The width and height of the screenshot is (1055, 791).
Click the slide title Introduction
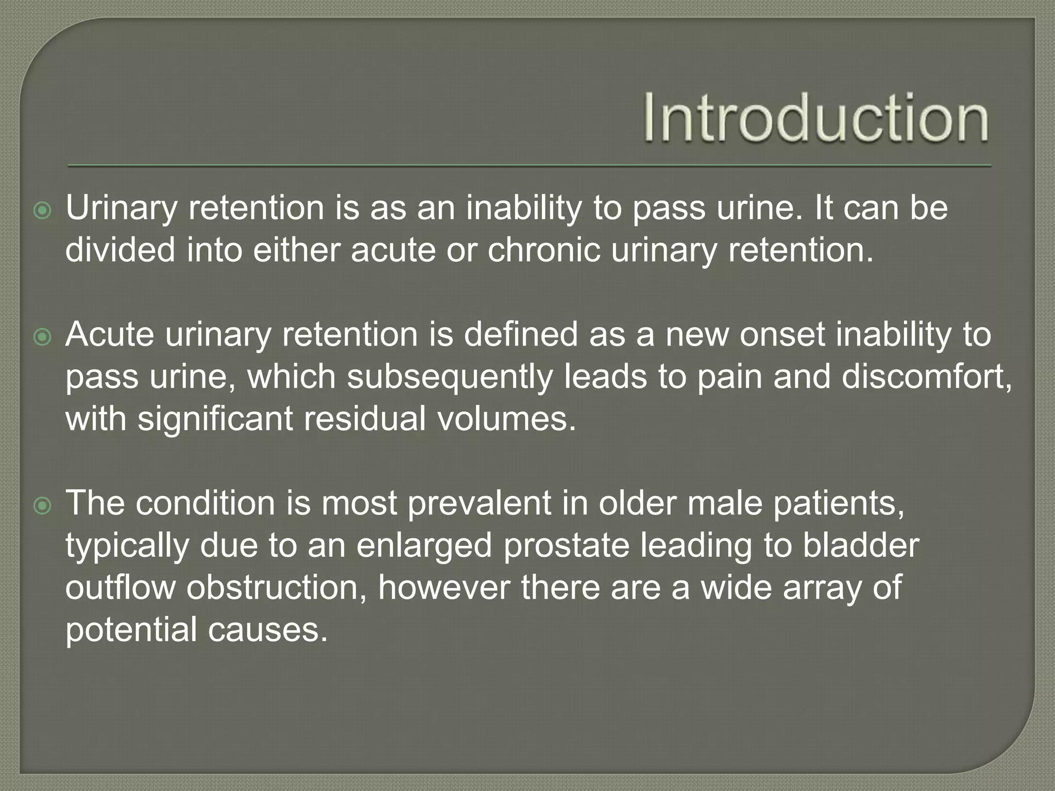816,117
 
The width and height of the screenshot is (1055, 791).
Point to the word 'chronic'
543,251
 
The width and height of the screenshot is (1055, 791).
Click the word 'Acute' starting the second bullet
109,335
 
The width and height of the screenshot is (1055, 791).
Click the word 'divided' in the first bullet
120,251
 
